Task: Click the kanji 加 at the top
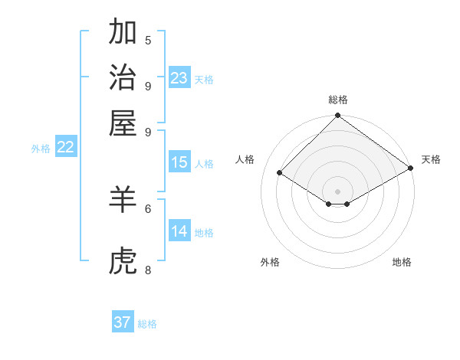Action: (x=123, y=33)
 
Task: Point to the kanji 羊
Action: (x=123, y=200)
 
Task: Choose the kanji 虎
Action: (x=123, y=263)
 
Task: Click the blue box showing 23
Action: (x=179, y=77)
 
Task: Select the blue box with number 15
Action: (x=179, y=162)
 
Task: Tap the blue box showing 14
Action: (x=179, y=231)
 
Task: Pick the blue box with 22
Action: (x=65, y=148)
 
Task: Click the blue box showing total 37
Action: (x=123, y=322)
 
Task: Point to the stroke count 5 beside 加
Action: (x=148, y=41)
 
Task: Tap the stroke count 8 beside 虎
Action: (x=148, y=270)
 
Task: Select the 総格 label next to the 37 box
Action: (x=147, y=324)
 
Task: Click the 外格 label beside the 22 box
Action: (x=41, y=149)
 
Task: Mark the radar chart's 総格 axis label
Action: (x=337, y=100)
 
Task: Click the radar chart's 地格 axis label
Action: (x=402, y=262)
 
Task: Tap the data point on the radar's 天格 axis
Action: (x=411, y=168)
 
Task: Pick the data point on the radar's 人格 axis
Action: (x=280, y=174)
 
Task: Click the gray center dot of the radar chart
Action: (x=337, y=191)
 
